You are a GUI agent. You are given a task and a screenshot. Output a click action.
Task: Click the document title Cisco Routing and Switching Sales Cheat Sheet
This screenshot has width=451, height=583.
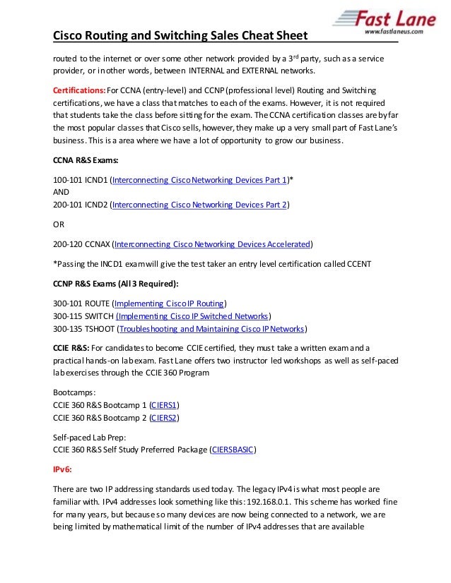182,35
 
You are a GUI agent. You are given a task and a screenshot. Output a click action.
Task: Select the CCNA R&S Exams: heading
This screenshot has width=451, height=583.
86,160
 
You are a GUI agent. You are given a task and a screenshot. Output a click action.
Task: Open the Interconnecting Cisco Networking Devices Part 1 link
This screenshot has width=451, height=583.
199,180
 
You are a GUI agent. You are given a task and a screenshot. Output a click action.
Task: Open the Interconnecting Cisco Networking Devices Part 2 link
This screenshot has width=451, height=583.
199,205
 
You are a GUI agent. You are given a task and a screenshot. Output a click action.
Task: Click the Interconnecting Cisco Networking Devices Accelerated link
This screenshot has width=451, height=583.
212,244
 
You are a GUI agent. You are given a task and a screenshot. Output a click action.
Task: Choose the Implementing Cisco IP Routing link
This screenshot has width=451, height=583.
169,303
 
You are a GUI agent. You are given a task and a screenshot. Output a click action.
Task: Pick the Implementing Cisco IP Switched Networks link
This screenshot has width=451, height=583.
192,316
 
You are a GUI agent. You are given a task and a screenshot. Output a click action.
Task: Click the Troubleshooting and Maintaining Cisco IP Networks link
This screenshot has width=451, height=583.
212,329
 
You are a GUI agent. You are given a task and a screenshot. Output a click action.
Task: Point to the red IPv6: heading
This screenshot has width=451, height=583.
63,469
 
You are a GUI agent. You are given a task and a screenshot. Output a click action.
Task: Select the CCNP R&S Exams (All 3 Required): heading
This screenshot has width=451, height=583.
116,284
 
